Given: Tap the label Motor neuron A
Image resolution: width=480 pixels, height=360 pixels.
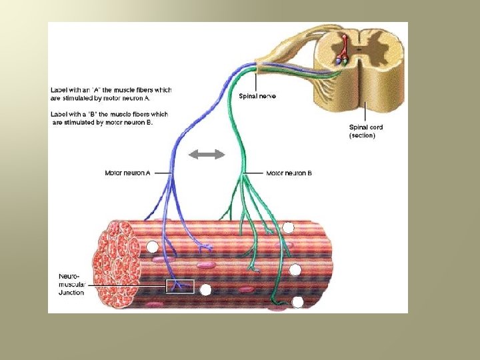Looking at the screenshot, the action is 127,173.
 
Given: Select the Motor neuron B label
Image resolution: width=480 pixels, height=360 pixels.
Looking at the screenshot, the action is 289,173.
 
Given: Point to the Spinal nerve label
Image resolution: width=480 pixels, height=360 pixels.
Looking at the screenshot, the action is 257,96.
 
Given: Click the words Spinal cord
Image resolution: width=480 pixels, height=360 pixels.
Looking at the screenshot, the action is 366,127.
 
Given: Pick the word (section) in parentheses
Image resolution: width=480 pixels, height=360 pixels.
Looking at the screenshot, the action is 363,135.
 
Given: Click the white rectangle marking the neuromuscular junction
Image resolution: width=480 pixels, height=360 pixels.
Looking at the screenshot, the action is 179,286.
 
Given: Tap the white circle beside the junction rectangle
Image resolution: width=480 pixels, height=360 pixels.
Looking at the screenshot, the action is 205,290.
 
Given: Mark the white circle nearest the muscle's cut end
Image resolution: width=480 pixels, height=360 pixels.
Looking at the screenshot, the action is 153,247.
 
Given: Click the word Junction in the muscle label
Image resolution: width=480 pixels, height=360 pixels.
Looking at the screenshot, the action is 71,293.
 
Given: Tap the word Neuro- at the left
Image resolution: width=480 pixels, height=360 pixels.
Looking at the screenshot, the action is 69,275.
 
